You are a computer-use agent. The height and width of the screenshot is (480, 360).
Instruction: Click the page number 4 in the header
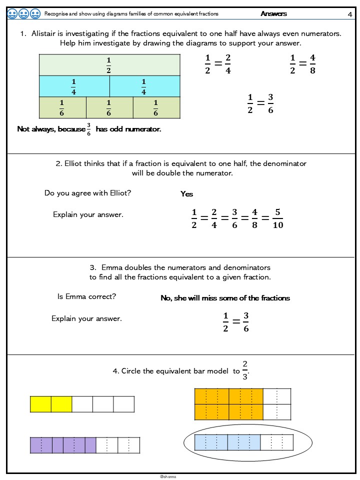point(350,14)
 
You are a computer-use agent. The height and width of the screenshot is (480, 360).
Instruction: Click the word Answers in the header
point(273,14)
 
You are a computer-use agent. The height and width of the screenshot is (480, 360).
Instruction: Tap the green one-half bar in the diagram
point(109,65)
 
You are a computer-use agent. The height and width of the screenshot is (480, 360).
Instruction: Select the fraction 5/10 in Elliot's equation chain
point(278,218)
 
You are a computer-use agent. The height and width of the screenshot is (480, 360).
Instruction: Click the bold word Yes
point(186,194)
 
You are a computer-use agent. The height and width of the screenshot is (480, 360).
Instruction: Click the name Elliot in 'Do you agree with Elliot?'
point(121,193)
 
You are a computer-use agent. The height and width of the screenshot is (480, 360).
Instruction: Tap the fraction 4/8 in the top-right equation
point(312,64)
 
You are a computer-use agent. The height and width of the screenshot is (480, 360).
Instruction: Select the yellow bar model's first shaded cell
point(40,404)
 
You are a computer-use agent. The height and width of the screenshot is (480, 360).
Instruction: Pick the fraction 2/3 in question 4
point(244,370)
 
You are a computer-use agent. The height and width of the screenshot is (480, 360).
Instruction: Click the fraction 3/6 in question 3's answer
point(245,322)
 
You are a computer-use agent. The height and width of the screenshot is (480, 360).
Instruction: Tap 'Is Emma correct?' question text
point(87,296)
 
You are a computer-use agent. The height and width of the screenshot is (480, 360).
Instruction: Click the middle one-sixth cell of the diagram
point(109,107)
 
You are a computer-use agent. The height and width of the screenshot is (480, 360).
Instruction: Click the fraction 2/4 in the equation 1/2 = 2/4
point(228,64)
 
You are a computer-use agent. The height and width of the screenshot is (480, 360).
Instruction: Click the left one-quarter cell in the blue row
point(74,86)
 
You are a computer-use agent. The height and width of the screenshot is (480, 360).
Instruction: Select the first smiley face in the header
point(13,13)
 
